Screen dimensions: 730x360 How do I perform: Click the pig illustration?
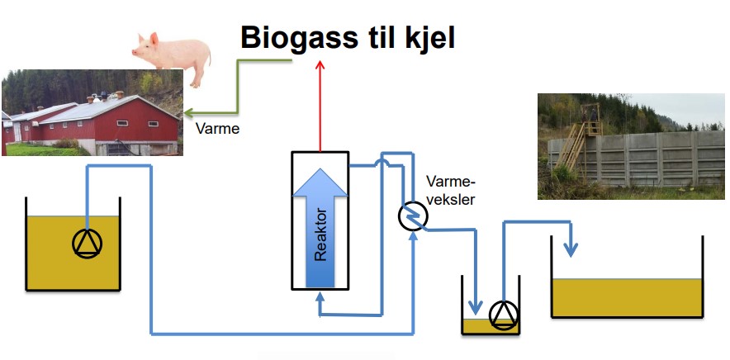(172, 57)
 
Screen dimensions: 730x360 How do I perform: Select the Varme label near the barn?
(217, 129)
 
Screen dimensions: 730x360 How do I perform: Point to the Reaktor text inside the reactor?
(320, 235)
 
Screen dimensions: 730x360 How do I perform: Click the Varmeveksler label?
(450, 190)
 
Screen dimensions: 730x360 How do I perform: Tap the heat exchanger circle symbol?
(413, 217)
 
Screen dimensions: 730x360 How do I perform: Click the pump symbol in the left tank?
(87, 243)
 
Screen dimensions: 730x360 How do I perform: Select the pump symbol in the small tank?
(504, 315)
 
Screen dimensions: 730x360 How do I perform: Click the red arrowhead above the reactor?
(320, 64)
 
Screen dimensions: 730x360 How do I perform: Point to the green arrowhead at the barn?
(188, 113)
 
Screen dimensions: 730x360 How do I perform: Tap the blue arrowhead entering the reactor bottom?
(320, 296)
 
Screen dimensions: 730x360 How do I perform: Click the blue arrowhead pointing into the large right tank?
(571, 249)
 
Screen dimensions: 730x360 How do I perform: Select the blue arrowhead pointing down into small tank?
(475, 307)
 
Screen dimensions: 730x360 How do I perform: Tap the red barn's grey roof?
(97, 109)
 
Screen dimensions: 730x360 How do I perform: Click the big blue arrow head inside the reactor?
(320, 182)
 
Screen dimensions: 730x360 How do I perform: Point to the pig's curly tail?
(209, 59)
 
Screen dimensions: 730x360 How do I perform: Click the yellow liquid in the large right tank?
(627, 297)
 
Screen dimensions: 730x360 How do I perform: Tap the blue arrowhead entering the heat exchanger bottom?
(413, 235)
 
